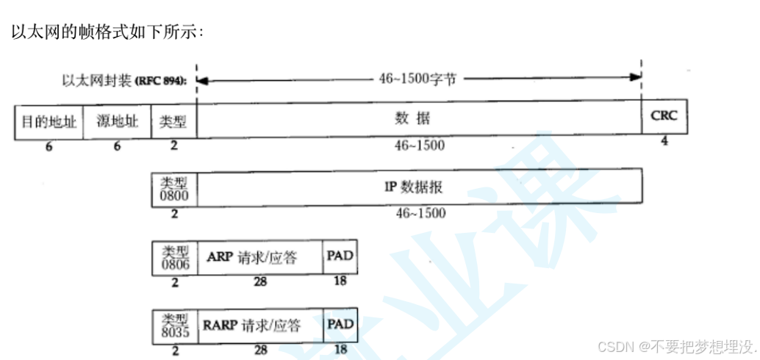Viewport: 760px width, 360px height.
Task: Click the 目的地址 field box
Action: pos(49,122)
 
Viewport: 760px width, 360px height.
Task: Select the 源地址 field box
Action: pos(117,122)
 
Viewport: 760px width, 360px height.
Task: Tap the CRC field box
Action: pos(664,117)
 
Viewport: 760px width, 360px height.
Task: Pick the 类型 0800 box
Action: pos(174,187)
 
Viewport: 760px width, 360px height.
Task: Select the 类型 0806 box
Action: pos(174,257)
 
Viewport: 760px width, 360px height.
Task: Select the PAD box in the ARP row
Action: pos(340,257)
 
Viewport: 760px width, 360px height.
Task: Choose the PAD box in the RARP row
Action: pos(340,325)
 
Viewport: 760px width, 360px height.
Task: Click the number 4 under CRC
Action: pos(664,140)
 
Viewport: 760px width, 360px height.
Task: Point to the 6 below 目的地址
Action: pos(49,145)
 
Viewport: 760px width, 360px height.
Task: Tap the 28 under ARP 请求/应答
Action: pos(260,281)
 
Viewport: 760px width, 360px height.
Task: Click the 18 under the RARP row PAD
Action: pos(340,350)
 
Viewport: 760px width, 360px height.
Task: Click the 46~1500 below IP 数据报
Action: pos(419,213)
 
